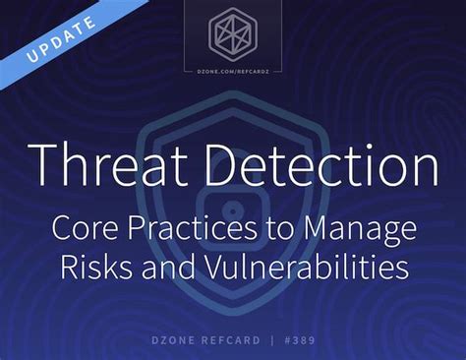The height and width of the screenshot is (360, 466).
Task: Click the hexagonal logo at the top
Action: [x=232, y=32]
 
